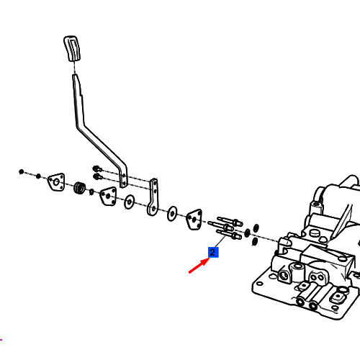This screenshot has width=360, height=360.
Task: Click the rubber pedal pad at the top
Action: (x=72, y=48)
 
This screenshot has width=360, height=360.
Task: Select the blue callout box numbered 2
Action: (x=213, y=252)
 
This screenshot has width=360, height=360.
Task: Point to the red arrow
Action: (x=199, y=265)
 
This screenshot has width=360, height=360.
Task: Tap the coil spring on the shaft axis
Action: (x=80, y=188)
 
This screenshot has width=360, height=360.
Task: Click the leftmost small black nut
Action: (x=22, y=172)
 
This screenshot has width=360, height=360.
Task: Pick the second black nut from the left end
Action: (x=38, y=176)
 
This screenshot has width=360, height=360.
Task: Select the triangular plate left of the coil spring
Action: (x=56, y=182)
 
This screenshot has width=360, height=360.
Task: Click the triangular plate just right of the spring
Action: (x=108, y=196)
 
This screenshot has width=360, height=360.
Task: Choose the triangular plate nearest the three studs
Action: (x=194, y=220)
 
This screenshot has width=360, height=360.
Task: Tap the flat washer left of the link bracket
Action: (x=129, y=202)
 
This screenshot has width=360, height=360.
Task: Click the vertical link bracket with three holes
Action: (x=153, y=197)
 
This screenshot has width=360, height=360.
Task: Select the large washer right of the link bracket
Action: (x=172, y=213)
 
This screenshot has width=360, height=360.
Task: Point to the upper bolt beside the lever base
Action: (x=97, y=168)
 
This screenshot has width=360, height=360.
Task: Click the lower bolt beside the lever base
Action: (x=97, y=177)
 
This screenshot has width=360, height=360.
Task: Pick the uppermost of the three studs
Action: (x=230, y=221)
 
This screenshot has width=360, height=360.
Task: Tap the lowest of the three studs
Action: (x=229, y=235)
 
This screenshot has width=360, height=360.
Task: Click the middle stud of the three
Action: (x=221, y=226)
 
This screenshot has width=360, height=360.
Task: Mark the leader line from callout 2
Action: (x=220, y=241)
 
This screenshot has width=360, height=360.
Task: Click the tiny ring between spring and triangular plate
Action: (x=91, y=192)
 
